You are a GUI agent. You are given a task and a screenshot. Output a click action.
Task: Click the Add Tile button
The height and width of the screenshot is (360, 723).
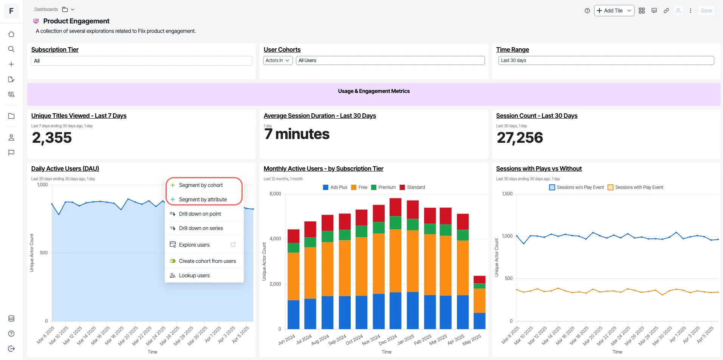[x=614, y=11]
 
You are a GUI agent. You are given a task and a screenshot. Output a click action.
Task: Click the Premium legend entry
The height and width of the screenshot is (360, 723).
[x=383, y=187]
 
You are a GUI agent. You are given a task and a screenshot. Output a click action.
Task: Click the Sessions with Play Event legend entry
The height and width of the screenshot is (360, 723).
[x=635, y=187]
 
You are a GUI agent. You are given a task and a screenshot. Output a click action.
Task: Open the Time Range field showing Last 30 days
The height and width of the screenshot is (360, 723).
[x=606, y=60]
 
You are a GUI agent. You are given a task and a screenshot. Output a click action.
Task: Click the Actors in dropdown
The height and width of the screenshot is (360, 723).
[x=278, y=60]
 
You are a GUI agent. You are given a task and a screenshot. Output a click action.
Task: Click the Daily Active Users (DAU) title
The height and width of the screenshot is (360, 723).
[x=65, y=168]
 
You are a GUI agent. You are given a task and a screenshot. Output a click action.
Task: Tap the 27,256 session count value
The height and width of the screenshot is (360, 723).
[x=520, y=138]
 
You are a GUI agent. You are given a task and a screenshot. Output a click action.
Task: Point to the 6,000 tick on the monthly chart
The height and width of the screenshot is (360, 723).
[x=275, y=194]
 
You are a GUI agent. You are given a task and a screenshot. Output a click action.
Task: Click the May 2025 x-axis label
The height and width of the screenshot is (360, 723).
[x=472, y=339]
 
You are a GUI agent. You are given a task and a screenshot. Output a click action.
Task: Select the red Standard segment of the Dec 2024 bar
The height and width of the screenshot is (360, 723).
[x=395, y=207]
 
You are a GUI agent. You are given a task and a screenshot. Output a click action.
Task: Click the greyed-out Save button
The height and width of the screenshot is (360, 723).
[x=706, y=11]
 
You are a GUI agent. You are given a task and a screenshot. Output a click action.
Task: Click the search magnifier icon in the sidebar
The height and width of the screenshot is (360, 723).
[x=11, y=49]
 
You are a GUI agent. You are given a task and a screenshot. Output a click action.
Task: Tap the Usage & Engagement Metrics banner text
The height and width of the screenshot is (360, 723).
[x=374, y=91]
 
